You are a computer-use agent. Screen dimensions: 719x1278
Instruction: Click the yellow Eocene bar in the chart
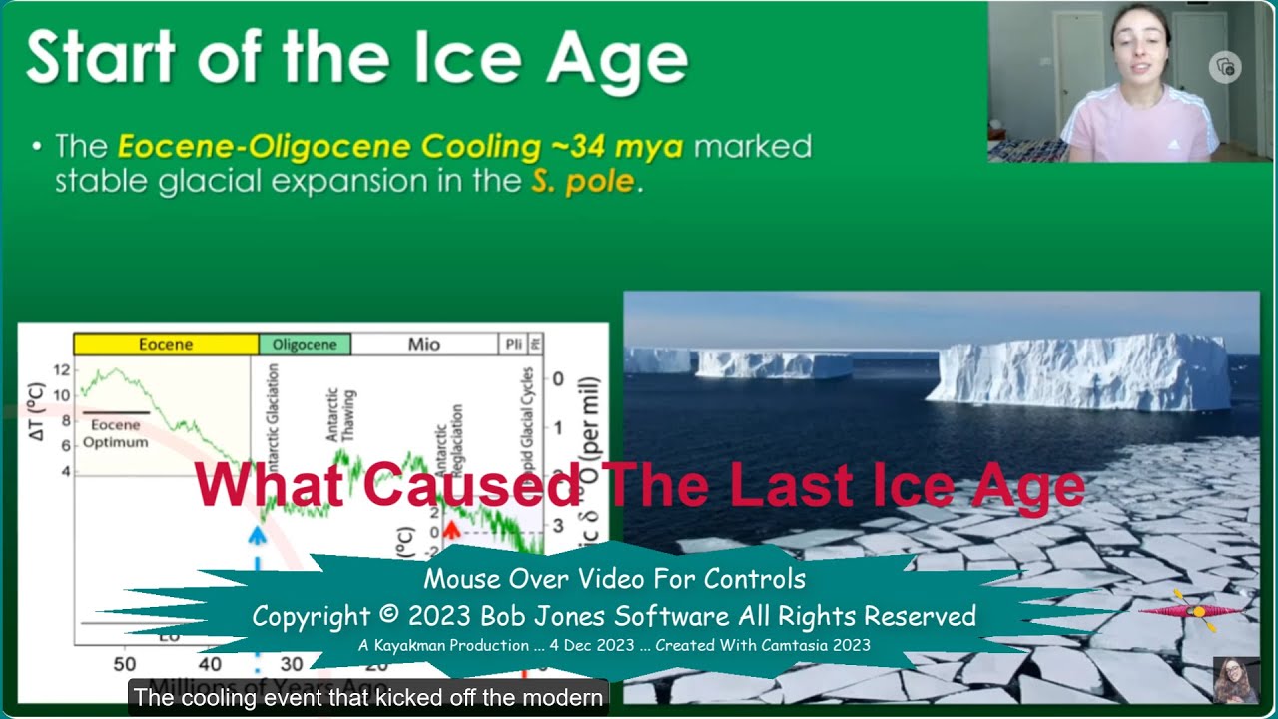click(x=165, y=345)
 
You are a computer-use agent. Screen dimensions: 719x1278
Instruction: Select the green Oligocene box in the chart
click(x=305, y=345)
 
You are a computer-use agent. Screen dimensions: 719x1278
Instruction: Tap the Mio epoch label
click(x=424, y=345)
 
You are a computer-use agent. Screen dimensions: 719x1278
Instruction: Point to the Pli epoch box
click(x=513, y=345)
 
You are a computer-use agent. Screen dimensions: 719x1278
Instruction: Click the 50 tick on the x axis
click(x=124, y=664)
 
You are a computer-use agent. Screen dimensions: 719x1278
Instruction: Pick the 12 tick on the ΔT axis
click(x=61, y=370)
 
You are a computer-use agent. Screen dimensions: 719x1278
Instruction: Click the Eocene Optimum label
click(x=115, y=433)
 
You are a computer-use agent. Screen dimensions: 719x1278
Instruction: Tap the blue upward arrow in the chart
click(x=258, y=535)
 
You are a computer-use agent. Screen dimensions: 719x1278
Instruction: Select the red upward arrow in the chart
click(x=450, y=529)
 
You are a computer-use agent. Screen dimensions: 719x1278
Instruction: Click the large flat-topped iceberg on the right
click(x=1083, y=371)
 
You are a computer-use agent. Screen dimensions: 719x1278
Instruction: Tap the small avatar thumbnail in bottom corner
click(x=1234, y=679)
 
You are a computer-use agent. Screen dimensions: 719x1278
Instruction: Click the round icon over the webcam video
click(x=1225, y=68)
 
